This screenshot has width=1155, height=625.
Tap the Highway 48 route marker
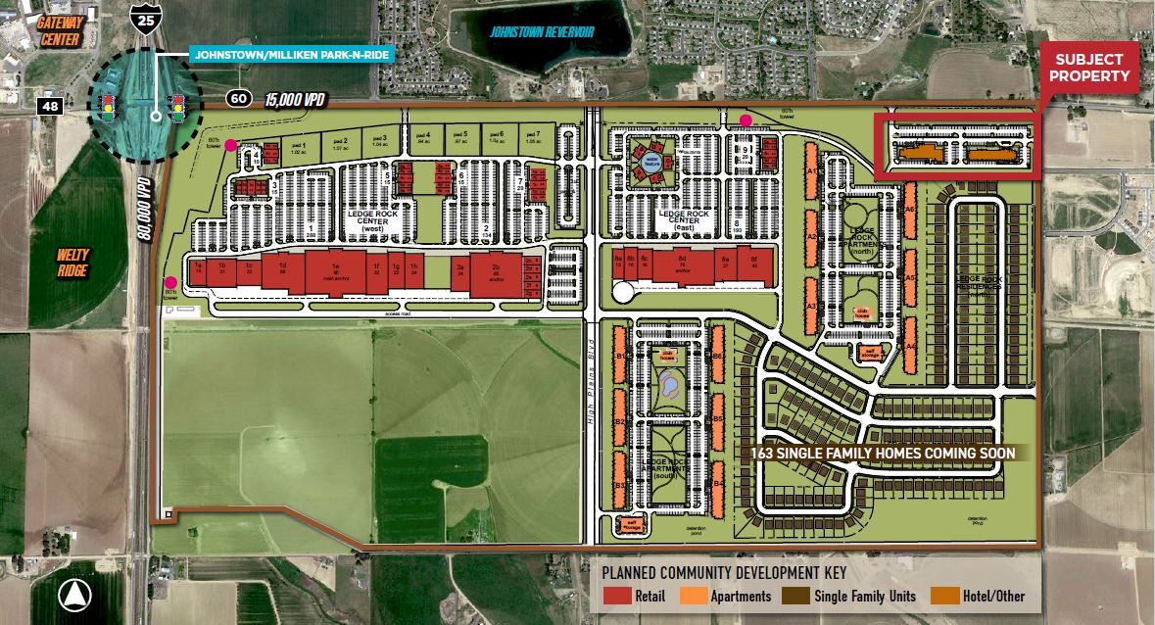coord(50,105)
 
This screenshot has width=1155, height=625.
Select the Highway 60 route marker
coord(238,98)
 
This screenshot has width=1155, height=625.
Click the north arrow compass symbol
coord(74,593)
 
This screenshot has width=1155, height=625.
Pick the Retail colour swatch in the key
coord(615,595)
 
